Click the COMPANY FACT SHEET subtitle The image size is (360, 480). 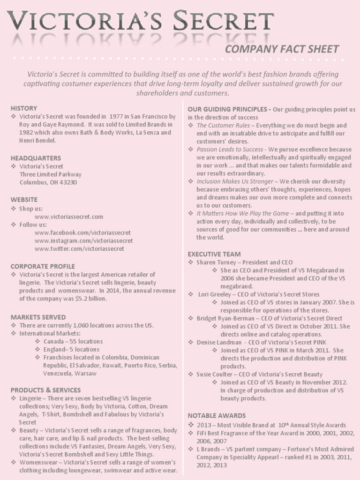[x=282, y=49]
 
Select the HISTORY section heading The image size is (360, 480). [x=23, y=108]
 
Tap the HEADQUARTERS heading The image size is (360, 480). [x=36, y=158]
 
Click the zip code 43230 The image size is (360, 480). [x=67, y=182]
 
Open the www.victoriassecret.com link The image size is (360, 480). [x=68, y=217]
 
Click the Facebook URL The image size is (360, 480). [x=82, y=232]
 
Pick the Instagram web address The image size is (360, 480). [x=83, y=240]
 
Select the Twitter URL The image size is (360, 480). [x=81, y=248]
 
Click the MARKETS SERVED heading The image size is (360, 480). [x=38, y=317]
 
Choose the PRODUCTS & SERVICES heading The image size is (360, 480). [x=45, y=390]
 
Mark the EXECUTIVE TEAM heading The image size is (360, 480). [x=214, y=254]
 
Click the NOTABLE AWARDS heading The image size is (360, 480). [x=217, y=415]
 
